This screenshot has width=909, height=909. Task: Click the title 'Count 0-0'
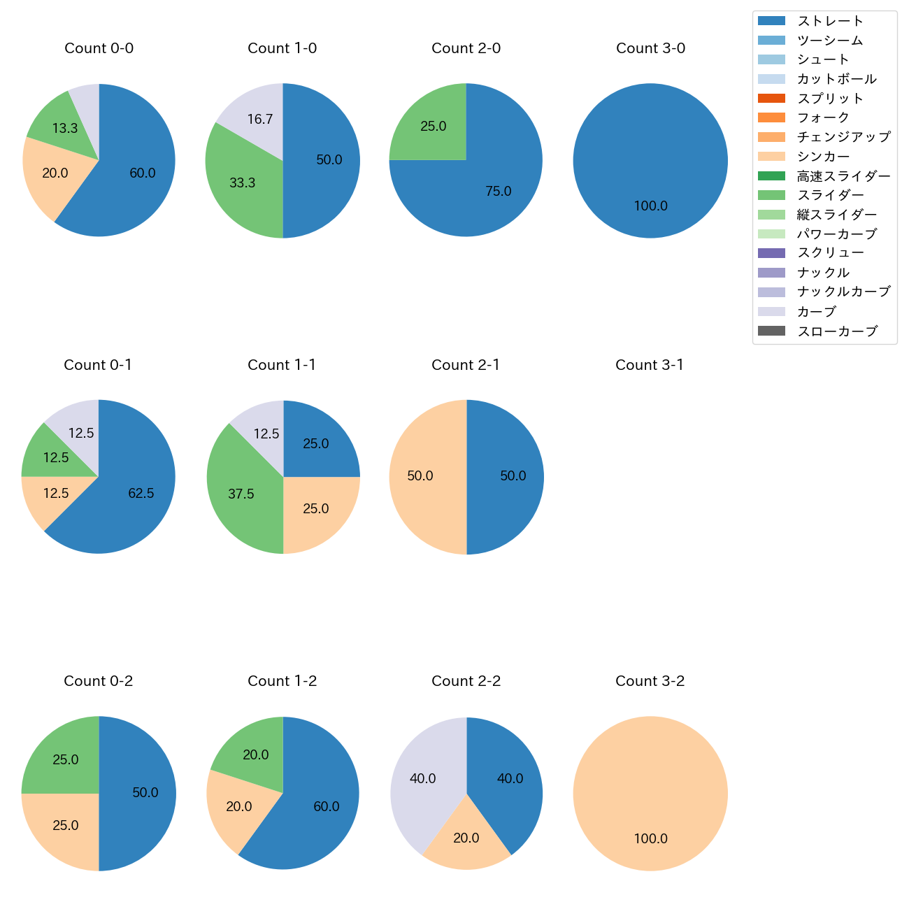point(99,48)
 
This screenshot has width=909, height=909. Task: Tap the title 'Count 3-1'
point(650,365)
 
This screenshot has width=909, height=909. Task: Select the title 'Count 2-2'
point(466,681)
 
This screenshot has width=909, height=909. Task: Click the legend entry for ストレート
point(830,21)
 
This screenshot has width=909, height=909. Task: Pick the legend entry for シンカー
point(823,157)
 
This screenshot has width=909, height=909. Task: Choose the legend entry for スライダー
point(830,195)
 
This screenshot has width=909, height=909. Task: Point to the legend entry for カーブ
point(816,312)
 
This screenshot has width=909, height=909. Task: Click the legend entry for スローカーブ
point(837,331)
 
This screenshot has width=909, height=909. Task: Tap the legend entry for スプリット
point(830,99)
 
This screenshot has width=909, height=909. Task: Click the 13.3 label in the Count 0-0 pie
point(65,129)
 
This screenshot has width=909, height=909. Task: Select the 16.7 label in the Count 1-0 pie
point(260,120)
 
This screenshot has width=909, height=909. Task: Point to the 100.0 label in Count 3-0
point(651,206)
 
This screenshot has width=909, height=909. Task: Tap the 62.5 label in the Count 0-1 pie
point(141,494)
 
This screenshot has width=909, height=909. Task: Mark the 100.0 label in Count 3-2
point(651,839)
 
